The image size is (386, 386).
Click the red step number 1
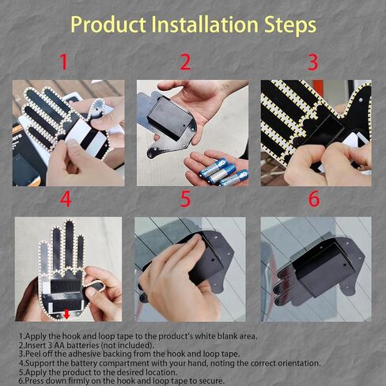click(x=64, y=62)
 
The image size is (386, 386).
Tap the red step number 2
click(x=186, y=62)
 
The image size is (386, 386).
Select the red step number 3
click(x=312, y=62)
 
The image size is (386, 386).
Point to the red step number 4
click(x=65, y=199)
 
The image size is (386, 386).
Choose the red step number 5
click(x=186, y=199)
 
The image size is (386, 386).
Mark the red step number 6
click(x=313, y=199)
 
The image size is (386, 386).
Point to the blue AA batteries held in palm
click(x=218, y=170)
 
